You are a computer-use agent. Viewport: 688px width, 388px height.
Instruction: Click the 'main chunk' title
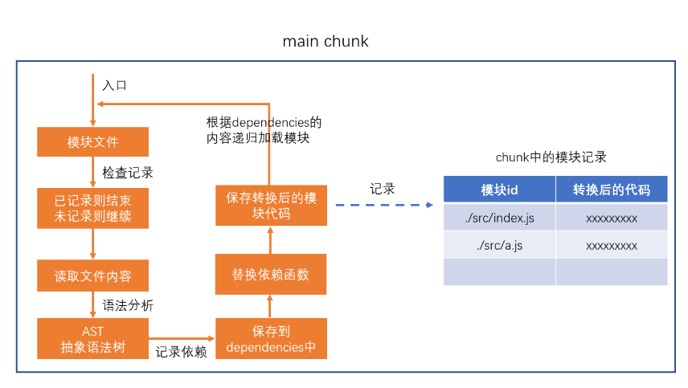click(x=326, y=41)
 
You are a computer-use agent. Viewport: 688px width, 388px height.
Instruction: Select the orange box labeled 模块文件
click(x=92, y=142)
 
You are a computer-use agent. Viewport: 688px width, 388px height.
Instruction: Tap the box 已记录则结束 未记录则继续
click(x=92, y=207)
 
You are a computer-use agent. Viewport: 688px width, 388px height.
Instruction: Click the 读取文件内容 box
click(x=92, y=276)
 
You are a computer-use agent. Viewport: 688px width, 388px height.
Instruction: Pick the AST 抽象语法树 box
click(x=92, y=338)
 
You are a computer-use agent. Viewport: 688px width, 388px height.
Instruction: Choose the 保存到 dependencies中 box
click(x=271, y=338)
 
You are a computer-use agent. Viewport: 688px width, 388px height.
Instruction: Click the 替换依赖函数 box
click(x=271, y=276)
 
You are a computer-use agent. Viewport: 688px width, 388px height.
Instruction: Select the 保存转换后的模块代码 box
click(x=271, y=206)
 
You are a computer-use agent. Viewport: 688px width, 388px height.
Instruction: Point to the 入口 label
click(x=114, y=85)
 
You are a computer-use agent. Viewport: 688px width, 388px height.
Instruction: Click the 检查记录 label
click(x=127, y=173)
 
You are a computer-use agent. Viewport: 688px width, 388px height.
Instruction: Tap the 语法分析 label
click(x=127, y=305)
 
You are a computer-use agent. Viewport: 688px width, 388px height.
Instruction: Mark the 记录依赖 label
click(x=181, y=351)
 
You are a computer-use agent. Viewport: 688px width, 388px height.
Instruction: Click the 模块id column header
click(x=499, y=190)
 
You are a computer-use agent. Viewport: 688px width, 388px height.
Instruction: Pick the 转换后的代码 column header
click(x=611, y=190)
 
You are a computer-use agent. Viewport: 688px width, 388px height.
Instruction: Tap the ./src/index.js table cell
click(x=499, y=218)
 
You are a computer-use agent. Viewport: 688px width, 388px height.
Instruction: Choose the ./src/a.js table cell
click(x=499, y=245)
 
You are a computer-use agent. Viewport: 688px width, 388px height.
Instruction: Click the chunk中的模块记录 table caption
click(x=556, y=157)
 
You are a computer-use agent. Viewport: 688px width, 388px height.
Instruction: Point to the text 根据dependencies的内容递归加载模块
click(x=264, y=130)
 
